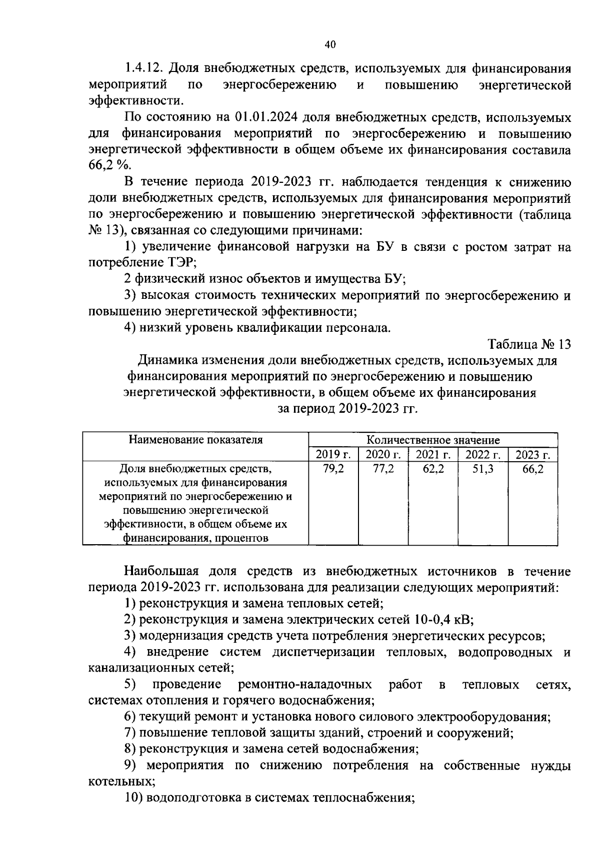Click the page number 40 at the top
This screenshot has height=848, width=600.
point(329,44)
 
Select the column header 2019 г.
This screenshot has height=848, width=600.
point(333,454)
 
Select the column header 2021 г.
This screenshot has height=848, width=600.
point(433,454)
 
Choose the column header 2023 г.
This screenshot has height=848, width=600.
point(533,454)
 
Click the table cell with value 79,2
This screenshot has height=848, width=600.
point(333,469)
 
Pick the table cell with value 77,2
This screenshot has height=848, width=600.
point(383,469)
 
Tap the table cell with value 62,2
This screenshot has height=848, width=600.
point(433,469)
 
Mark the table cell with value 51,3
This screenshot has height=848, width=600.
point(483,469)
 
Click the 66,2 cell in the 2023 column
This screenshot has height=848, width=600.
point(533,469)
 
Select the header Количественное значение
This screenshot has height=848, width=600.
point(433,440)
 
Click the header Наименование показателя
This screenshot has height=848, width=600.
point(195,440)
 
